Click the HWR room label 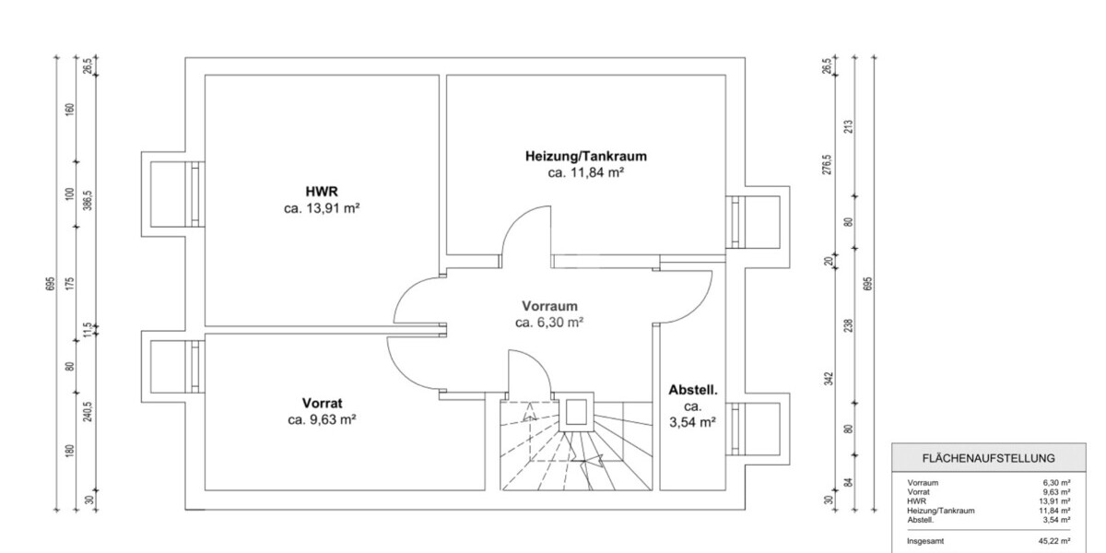click(x=322, y=192)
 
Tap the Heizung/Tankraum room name click(x=580, y=156)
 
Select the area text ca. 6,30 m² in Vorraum click(x=549, y=323)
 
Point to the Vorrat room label click(x=322, y=403)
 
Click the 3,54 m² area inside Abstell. click(x=693, y=423)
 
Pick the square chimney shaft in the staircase click(x=578, y=412)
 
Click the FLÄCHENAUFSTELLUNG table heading click(x=989, y=458)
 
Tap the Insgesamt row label click(x=925, y=542)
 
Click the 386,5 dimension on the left click(x=88, y=201)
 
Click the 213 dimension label click(x=849, y=125)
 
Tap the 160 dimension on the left click(x=69, y=110)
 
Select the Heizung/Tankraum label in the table click(x=941, y=510)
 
